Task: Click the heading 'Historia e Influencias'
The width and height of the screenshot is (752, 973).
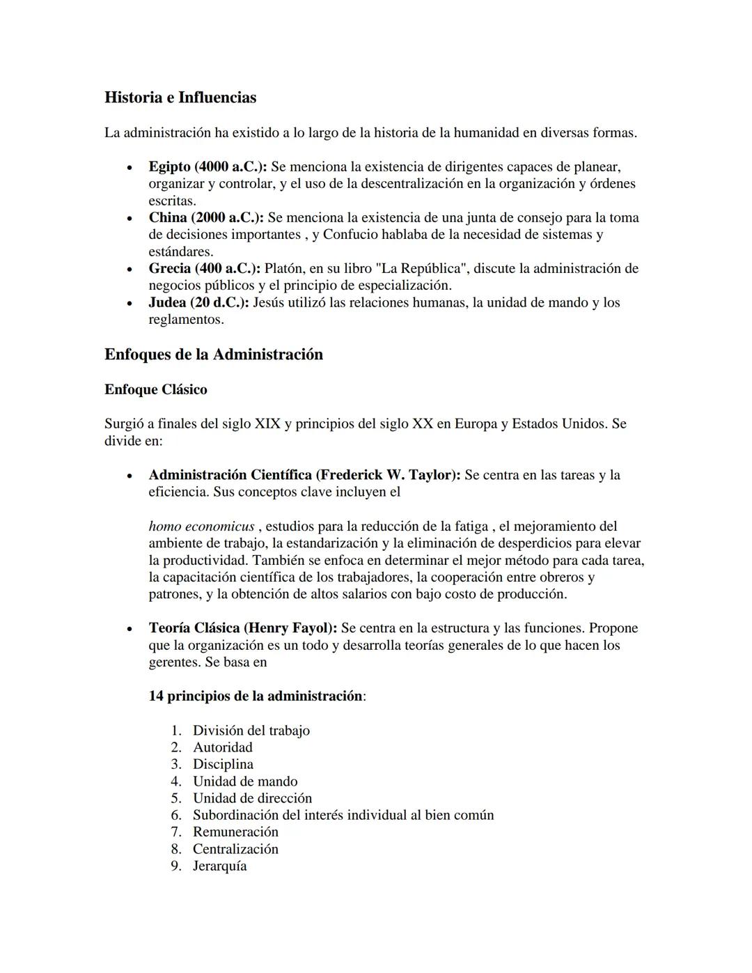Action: click(180, 98)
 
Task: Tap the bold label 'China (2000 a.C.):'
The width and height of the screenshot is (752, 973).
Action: click(206, 218)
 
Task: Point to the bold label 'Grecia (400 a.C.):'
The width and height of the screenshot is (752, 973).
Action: click(204, 269)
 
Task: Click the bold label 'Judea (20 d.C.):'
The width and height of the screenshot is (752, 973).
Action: click(198, 303)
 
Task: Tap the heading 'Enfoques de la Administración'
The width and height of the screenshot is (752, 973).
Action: click(214, 355)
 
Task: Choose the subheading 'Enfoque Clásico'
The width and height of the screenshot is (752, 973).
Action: click(156, 390)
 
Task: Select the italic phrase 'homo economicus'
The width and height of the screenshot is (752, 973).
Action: click(201, 527)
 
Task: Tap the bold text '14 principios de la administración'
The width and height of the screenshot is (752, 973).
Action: click(256, 696)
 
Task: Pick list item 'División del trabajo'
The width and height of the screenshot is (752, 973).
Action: click(251, 731)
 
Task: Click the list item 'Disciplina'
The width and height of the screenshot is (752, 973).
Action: click(223, 764)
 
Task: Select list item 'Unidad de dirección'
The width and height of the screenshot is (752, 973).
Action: click(252, 798)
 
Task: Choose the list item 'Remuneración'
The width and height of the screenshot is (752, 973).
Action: click(235, 832)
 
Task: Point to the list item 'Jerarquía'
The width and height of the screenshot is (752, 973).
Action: click(220, 866)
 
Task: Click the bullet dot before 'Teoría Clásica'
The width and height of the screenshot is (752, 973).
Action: click(129, 629)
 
